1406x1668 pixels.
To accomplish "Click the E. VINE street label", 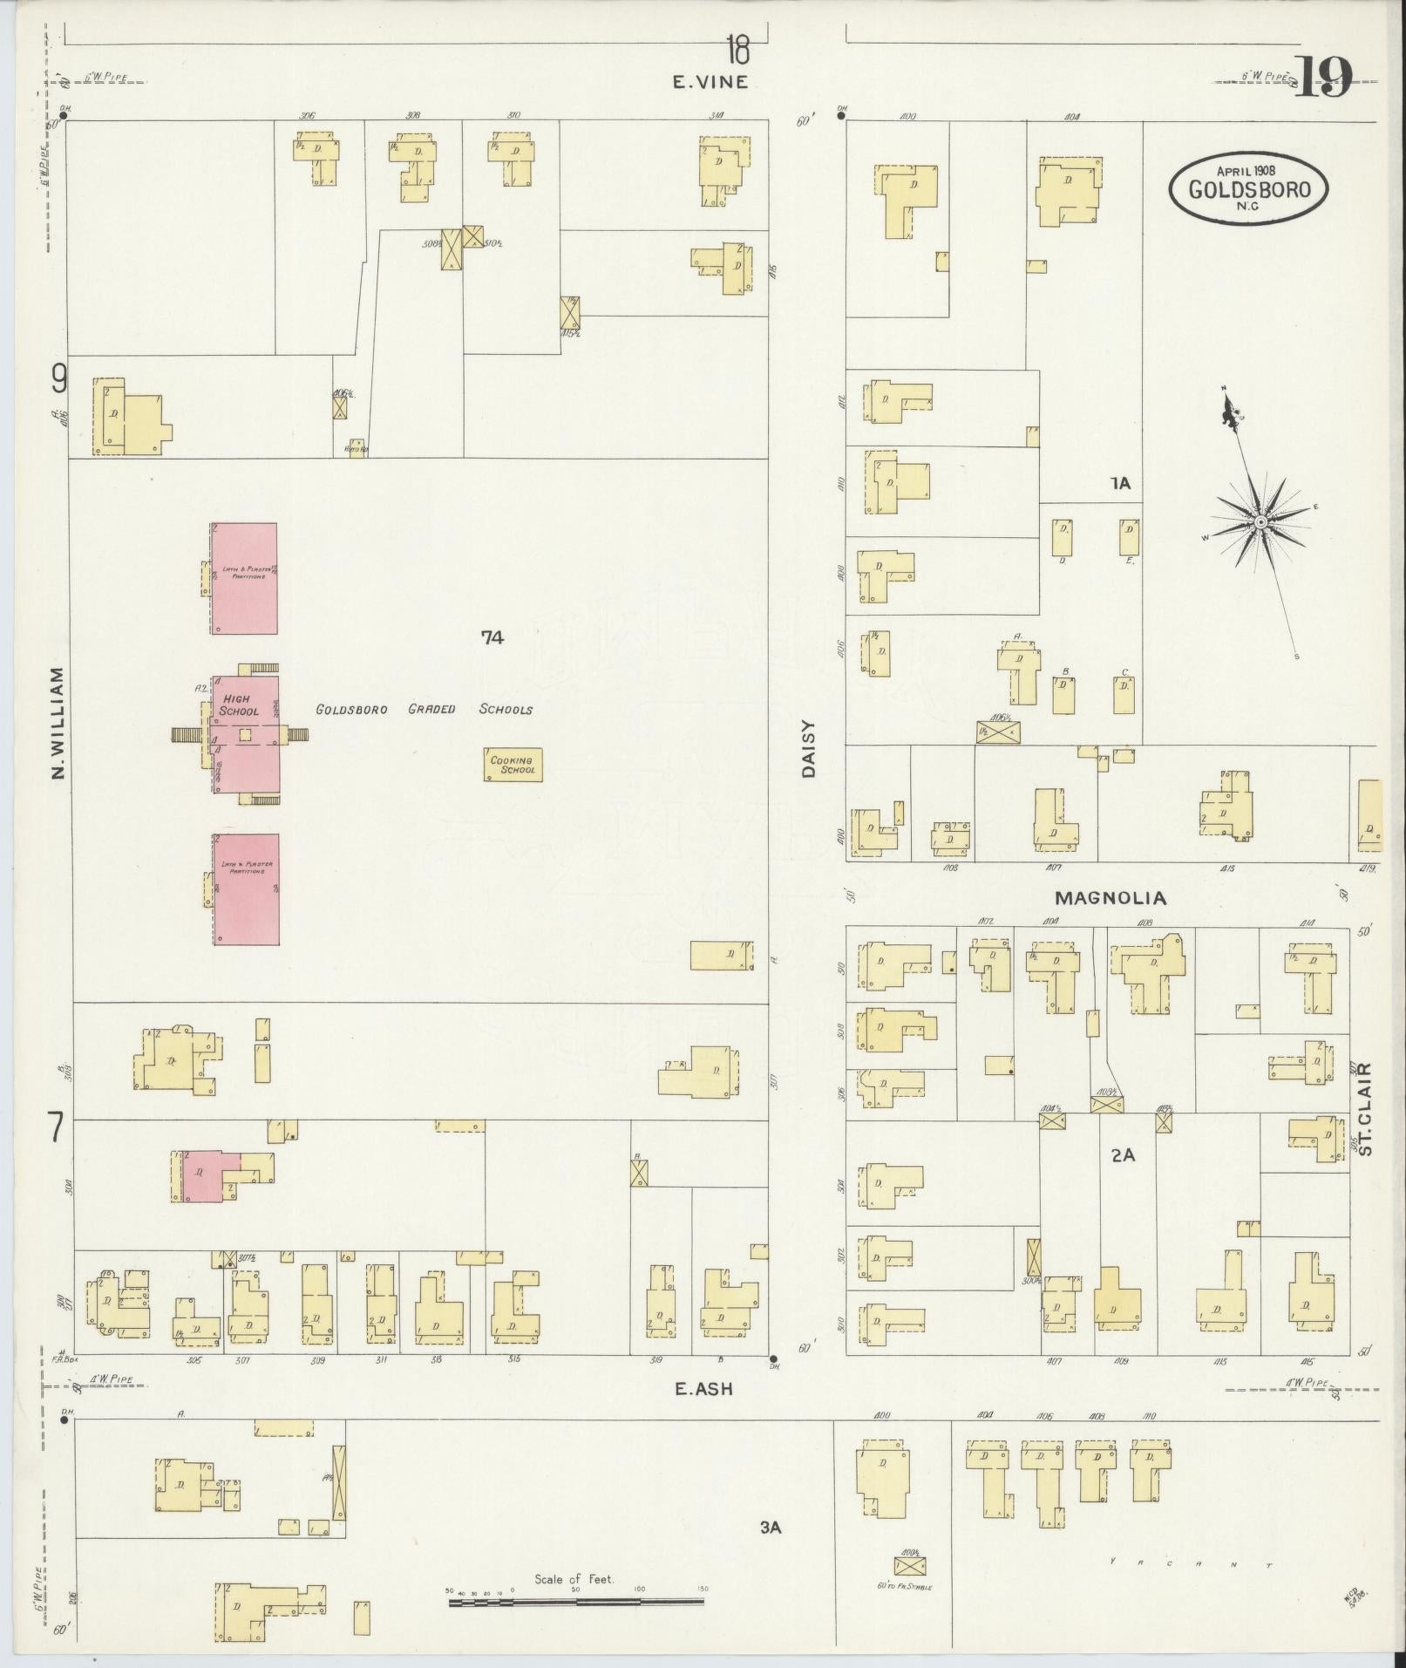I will [710, 83].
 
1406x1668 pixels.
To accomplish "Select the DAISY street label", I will [808, 748].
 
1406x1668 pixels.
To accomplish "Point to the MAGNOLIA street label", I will [1110, 897].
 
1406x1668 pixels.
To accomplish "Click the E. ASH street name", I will [703, 1390].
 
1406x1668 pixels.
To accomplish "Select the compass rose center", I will [1260, 521].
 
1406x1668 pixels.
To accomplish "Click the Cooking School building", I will [513, 765].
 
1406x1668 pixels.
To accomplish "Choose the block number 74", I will [492, 637].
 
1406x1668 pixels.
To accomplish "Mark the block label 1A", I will [1120, 483].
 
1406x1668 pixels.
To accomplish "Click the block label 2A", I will [1123, 1155].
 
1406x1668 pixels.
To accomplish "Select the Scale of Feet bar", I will [575, 1601].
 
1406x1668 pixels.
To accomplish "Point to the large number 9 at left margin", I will [58, 378].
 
